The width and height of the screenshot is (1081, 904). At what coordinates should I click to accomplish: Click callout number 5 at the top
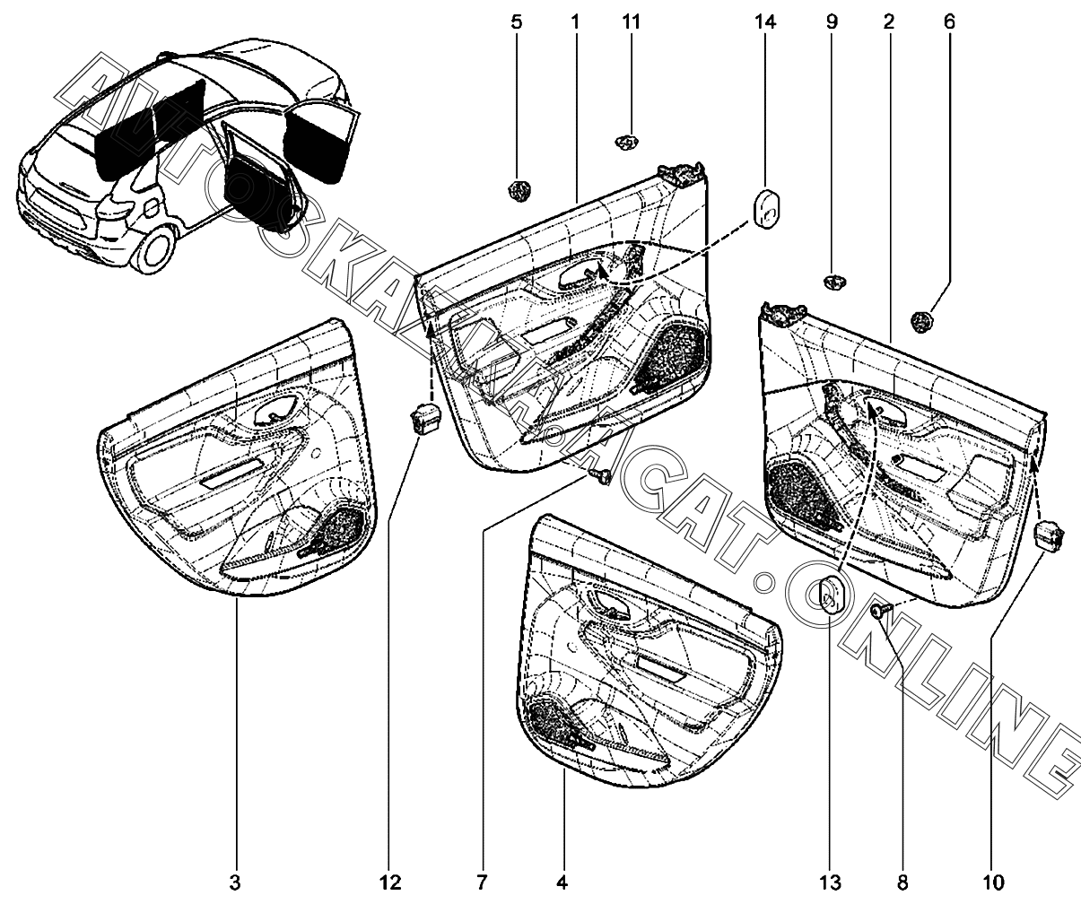(517, 22)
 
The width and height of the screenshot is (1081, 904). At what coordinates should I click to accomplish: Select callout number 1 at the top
(575, 22)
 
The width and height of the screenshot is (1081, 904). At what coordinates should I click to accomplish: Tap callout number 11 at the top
(631, 22)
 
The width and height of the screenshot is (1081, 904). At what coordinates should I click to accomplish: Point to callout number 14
(765, 22)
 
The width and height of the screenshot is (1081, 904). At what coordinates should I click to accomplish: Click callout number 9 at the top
(832, 22)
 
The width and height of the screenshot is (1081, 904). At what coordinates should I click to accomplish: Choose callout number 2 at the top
(889, 22)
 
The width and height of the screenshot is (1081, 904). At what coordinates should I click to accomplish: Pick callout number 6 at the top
(949, 22)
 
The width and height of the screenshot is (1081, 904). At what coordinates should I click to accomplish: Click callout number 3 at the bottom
(235, 882)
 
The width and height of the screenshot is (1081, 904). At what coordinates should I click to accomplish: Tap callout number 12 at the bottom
(391, 882)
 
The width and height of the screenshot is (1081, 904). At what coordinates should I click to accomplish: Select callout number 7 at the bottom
(482, 882)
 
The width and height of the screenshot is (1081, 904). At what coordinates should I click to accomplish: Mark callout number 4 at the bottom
(562, 882)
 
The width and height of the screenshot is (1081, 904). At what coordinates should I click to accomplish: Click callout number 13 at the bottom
(830, 882)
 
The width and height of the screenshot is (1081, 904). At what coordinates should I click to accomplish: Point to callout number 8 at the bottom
(902, 882)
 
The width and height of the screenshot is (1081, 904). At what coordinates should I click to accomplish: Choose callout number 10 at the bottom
(993, 882)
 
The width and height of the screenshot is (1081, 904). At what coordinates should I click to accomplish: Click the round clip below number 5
(519, 191)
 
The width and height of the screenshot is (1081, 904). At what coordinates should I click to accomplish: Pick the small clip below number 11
(627, 142)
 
